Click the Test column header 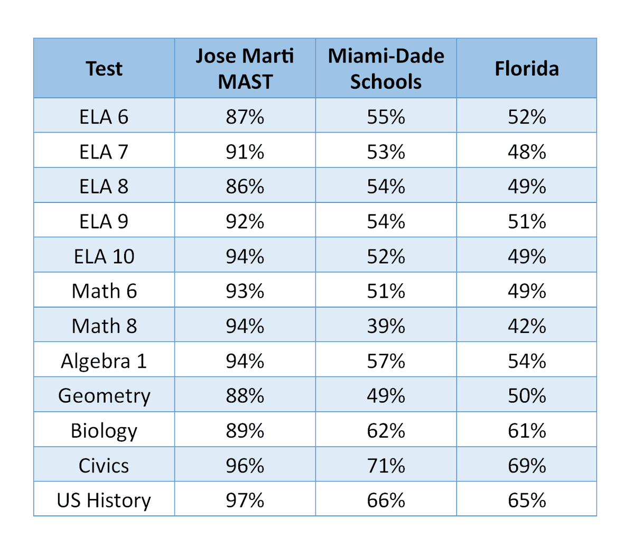[104, 69]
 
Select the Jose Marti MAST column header [245, 69]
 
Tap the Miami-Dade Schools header [386, 69]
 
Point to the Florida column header [527, 69]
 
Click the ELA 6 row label [104, 117]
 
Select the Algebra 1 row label [104, 361]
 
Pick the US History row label [104, 500]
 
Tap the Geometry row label [104, 396]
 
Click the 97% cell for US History [245, 500]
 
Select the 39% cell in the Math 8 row [386, 326]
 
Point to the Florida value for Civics [527, 466]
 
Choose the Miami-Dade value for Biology [386, 431]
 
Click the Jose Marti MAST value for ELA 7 [245, 152]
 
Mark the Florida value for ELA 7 [527, 152]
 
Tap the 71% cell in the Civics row [386, 466]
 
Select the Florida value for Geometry [527, 396]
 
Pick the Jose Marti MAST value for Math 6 [245, 291]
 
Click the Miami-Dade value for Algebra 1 [386, 361]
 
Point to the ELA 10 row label [104, 256]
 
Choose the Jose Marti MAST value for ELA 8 [245, 187]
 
